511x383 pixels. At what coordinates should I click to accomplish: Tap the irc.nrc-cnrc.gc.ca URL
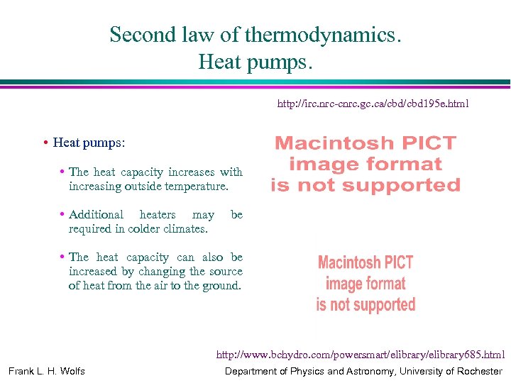click(373, 104)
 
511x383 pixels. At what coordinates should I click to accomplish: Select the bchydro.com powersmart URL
click(361, 355)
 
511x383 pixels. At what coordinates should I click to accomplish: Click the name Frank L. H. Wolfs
click(47, 371)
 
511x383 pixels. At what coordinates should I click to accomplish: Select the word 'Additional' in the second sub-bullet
click(96, 215)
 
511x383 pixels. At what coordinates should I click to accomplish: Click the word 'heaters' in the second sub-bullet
click(158, 215)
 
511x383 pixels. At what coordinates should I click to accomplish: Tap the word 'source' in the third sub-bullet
click(226, 272)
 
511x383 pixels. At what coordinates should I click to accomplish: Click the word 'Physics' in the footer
click(303, 371)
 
